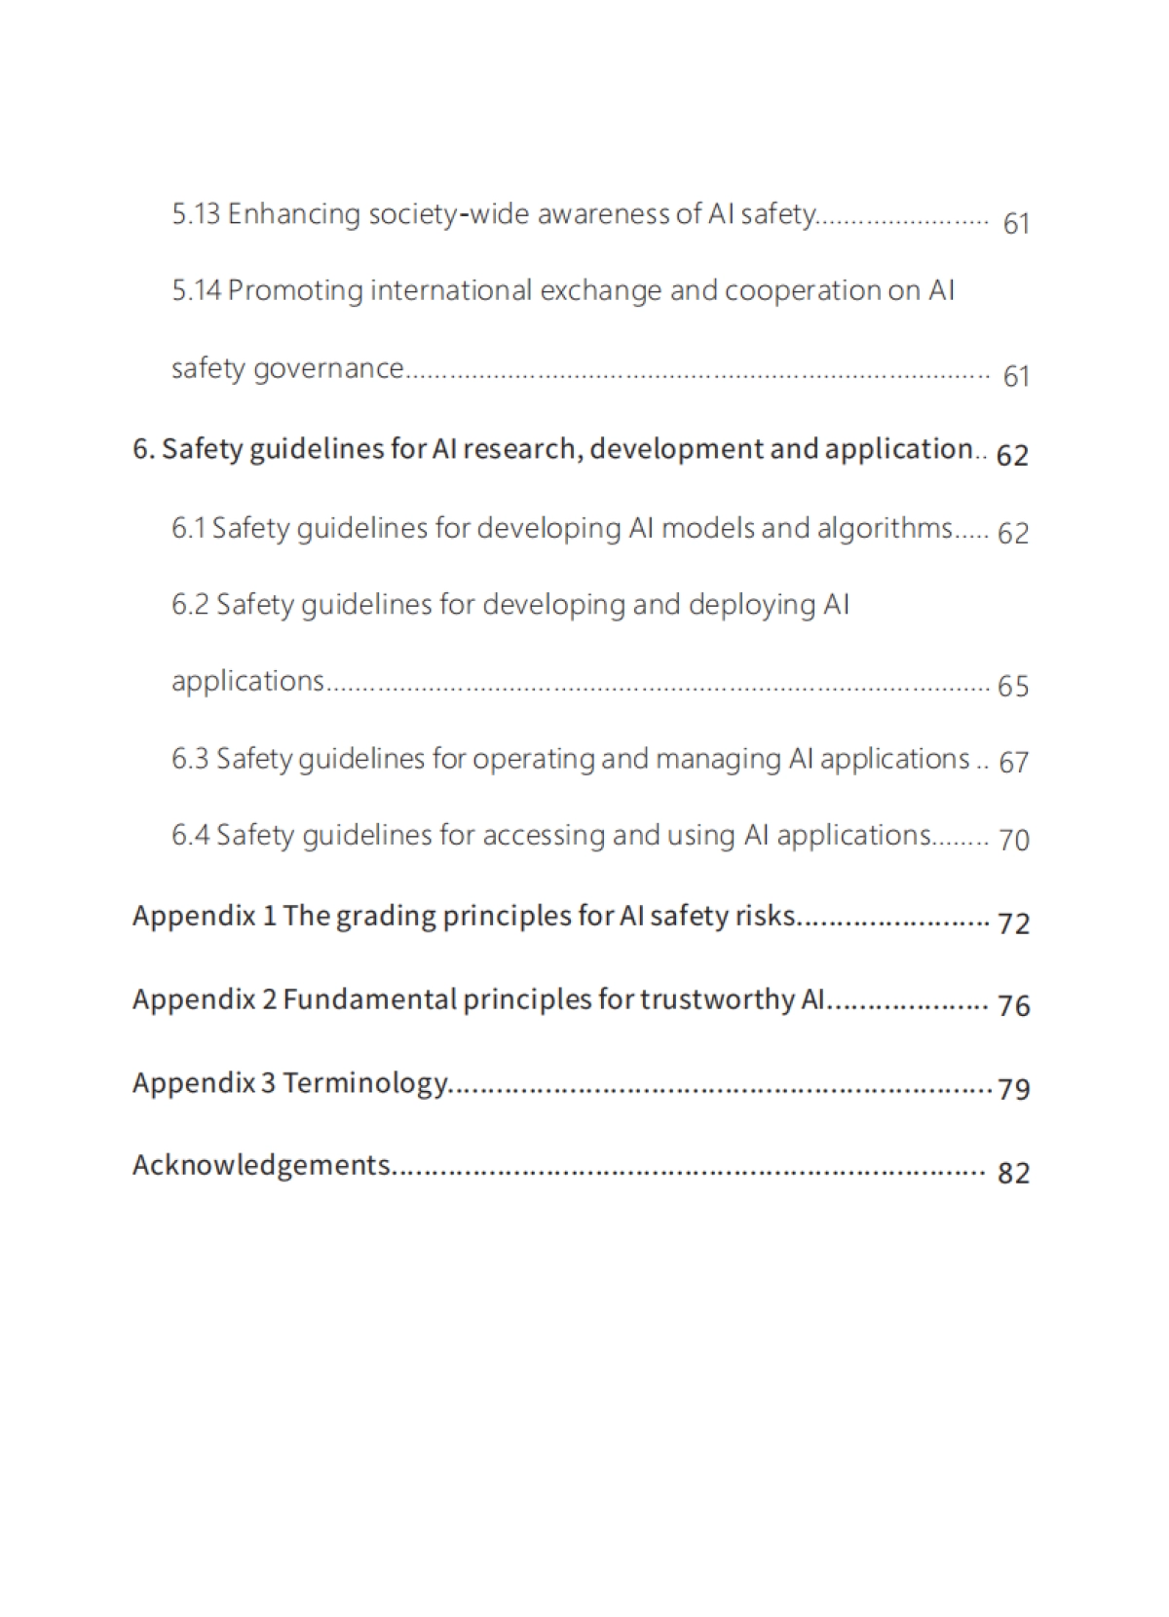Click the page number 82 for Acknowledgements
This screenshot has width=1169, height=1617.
click(1013, 1172)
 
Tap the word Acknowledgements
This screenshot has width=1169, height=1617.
click(261, 1165)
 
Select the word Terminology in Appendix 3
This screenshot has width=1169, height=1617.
click(365, 1083)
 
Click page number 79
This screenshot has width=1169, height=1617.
click(1013, 1088)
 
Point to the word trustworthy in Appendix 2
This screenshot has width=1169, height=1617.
click(716, 999)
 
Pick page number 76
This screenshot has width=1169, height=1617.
click(1013, 1005)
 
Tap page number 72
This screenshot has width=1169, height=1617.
click(1013, 922)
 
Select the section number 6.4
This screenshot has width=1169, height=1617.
click(190, 835)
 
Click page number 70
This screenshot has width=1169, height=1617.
click(1013, 840)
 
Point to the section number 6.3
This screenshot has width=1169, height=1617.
click(190, 758)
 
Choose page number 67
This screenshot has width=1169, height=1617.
click(1013, 763)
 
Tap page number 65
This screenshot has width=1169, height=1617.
click(1013, 687)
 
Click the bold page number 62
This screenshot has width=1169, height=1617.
click(1012, 455)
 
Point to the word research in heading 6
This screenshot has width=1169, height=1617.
click(524, 449)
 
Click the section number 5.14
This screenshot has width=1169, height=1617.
click(196, 290)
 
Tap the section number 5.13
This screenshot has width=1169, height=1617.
click(196, 213)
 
